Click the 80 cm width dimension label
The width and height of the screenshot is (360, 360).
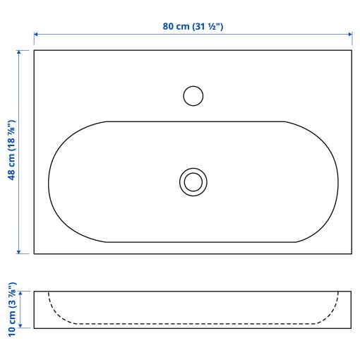193,26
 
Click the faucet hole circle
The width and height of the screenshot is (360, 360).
193,95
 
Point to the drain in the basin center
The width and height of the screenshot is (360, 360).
192,181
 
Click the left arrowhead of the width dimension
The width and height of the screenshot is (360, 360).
36,33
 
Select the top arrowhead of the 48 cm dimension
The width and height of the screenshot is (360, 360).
18,52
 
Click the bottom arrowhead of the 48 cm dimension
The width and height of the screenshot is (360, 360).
18,251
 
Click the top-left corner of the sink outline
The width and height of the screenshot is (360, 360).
34,50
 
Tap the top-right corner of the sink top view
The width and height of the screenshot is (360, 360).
352,50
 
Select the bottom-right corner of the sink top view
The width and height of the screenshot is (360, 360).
352,254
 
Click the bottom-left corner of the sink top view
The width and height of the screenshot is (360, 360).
34,254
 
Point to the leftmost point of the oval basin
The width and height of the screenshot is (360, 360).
48,181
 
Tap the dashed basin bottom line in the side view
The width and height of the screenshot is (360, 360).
193,323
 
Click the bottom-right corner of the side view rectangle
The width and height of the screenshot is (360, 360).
352,328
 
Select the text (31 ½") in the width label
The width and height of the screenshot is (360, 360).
208,26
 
